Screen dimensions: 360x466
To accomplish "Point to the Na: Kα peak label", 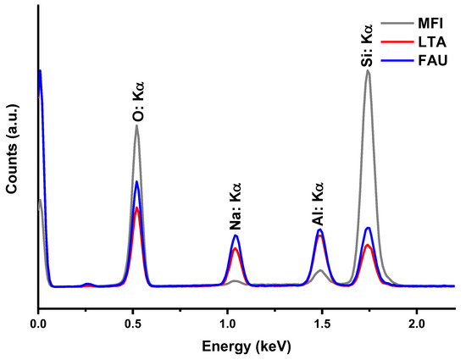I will click(236, 208).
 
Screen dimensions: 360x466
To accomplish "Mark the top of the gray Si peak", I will click(368, 70).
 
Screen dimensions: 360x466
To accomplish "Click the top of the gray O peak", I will click(136, 126).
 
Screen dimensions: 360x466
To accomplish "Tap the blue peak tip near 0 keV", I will click(39, 70).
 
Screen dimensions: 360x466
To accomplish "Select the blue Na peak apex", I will click(236, 236).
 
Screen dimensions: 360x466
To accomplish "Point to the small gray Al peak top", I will click(319, 271).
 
